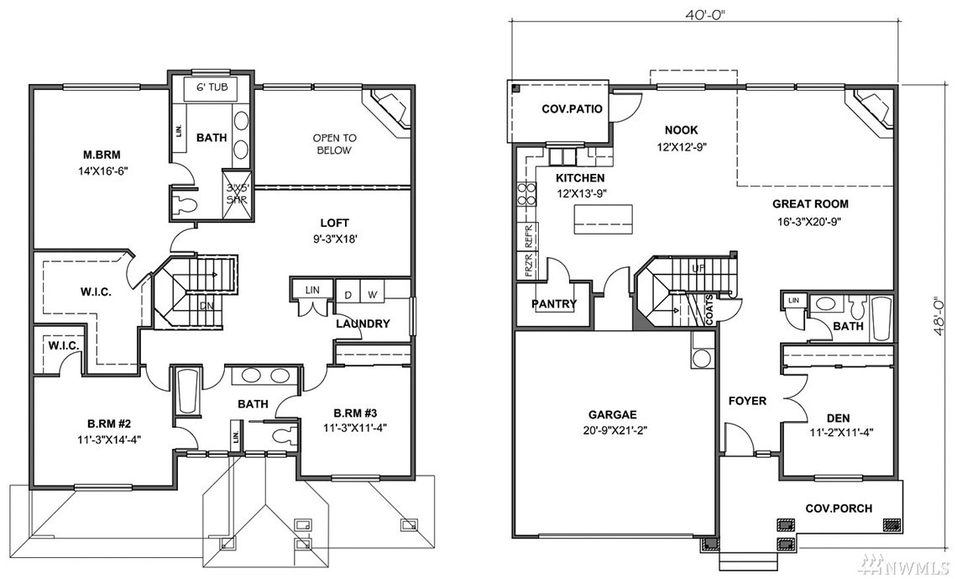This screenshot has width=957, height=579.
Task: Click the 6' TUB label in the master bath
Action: pyautogui.click(x=212, y=87)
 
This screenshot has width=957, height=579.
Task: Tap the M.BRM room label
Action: pyautogui.click(x=102, y=155)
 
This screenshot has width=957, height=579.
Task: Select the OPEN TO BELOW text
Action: pyautogui.click(x=334, y=145)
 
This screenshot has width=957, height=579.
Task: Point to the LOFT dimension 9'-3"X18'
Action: pyautogui.click(x=334, y=239)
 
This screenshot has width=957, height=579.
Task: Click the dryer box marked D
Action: pyautogui.click(x=348, y=295)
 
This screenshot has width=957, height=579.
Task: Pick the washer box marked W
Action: pyautogui.click(x=372, y=295)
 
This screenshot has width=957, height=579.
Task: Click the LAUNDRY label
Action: pyautogui.click(x=363, y=324)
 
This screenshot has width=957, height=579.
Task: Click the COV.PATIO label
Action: pyautogui.click(x=572, y=109)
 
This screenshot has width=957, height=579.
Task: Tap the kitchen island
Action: pyautogui.click(x=603, y=218)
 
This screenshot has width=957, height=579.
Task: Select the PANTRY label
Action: pyautogui.click(x=554, y=304)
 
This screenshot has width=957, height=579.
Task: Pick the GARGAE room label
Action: pyautogui.click(x=615, y=414)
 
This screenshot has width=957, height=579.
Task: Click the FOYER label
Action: pyautogui.click(x=748, y=402)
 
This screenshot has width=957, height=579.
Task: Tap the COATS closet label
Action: pyautogui.click(x=709, y=309)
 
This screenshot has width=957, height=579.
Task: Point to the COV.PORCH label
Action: pyautogui.click(x=839, y=508)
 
